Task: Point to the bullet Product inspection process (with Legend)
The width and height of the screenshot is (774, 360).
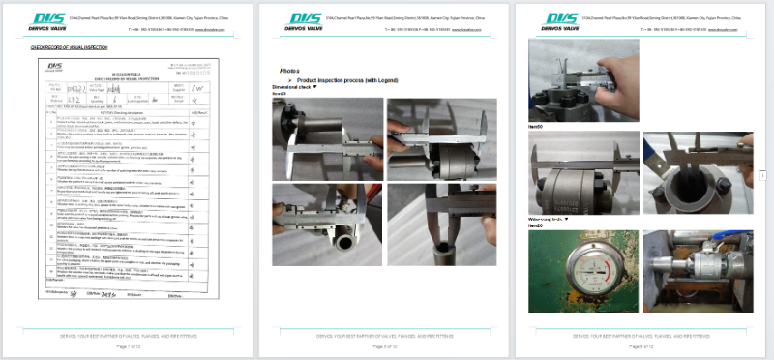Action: point(339,80)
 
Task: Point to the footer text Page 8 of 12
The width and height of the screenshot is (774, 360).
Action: point(386,345)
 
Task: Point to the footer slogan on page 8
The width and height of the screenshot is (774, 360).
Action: point(386,335)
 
